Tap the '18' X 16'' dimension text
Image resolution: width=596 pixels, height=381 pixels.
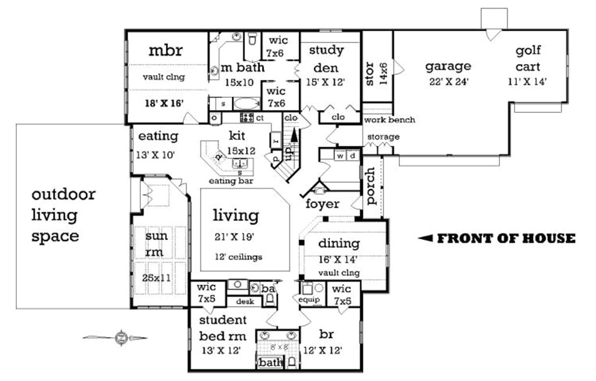pyautogui.click(x=165, y=103)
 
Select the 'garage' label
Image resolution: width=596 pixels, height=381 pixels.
pyautogui.click(x=448, y=66)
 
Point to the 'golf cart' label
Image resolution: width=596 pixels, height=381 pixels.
pyautogui.click(x=527, y=59)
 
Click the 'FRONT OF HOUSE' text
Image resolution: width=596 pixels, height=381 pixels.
pyautogui.click(x=506, y=238)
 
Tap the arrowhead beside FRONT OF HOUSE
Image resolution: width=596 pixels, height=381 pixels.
pyautogui.click(x=425, y=238)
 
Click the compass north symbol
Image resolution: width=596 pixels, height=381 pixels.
pyautogui.click(x=120, y=337)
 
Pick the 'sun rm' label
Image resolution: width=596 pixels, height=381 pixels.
pyautogui.click(x=157, y=244)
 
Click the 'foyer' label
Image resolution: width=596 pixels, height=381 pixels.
pyautogui.click(x=322, y=204)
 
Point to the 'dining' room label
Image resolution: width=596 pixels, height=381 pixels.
pyautogui.click(x=339, y=244)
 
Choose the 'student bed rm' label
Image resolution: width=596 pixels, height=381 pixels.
pyautogui.click(x=223, y=328)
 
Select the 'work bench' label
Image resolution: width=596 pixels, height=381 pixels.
pyautogui.click(x=389, y=120)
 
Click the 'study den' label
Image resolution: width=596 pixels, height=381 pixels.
pyautogui.click(x=326, y=59)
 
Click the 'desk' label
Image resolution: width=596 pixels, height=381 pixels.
pyautogui.click(x=240, y=301)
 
